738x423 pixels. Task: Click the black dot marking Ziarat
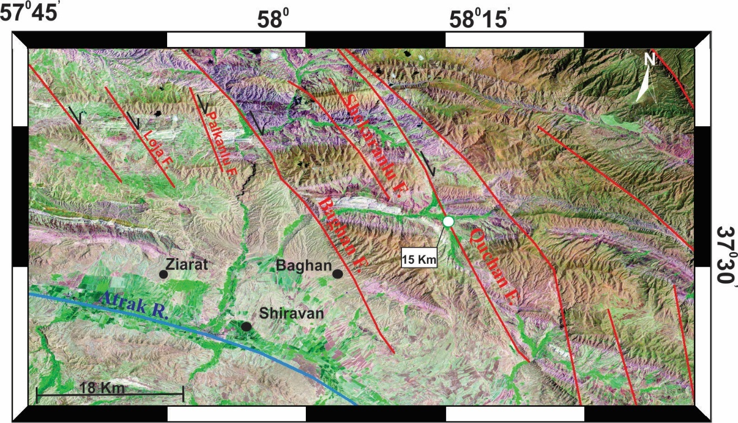pyautogui.click(x=163, y=274)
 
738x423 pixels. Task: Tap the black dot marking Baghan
pyautogui.click(x=337, y=273)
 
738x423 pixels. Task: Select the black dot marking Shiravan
pyautogui.click(x=245, y=326)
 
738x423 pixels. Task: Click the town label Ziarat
pyautogui.click(x=189, y=264)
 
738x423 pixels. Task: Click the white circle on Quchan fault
pyautogui.click(x=448, y=221)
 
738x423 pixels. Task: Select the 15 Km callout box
pyautogui.click(x=419, y=259)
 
